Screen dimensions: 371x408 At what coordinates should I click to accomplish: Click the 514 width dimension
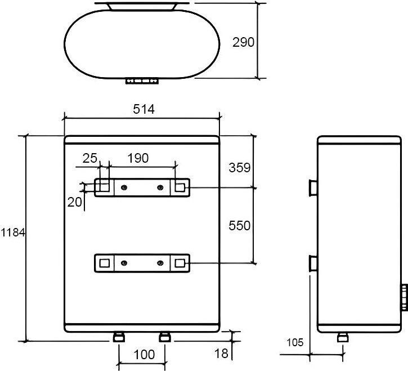[x=144, y=110]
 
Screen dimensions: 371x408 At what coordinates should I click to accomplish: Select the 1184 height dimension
[x=12, y=232]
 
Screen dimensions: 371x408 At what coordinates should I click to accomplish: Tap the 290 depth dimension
[x=244, y=42]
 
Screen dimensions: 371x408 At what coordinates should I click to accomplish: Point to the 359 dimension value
[x=239, y=167]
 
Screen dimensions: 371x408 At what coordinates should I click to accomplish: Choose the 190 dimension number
[x=138, y=158]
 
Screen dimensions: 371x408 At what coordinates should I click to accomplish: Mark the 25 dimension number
[x=90, y=158]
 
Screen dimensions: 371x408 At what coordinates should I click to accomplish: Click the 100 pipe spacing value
[x=145, y=355]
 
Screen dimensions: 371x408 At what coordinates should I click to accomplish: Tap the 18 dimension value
[x=222, y=354]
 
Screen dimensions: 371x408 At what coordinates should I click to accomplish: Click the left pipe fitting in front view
[x=119, y=336]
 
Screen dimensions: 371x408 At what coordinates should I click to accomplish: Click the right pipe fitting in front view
[x=164, y=336]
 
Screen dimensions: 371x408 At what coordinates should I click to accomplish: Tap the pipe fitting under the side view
[x=342, y=337]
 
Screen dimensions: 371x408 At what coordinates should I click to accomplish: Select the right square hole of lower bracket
[x=180, y=262]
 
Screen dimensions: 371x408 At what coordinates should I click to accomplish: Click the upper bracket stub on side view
[x=312, y=186]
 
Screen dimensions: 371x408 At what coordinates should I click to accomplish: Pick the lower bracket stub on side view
[x=312, y=263]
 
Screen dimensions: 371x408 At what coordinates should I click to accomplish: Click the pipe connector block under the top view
[x=142, y=82]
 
